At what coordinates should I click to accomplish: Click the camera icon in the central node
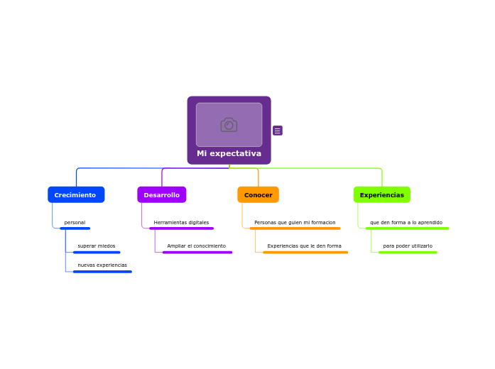pos(229,125)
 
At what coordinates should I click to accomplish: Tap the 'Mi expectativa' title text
pos(229,153)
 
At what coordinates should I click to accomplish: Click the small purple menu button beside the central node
pos(278,131)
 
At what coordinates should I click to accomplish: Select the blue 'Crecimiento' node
pos(76,194)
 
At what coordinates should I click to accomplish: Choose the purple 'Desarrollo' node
pos(162,194)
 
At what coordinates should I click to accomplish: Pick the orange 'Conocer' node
pos(259,194)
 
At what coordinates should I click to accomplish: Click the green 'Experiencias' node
pos(382,194)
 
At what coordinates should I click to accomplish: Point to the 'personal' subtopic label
pos(75,223)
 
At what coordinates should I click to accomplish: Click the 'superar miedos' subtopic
pos(97,246)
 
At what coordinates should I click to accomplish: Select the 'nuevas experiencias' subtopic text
pos(102,265)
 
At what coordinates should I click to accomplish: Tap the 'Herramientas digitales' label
pos(181,223)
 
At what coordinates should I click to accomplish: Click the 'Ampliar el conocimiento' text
pos(197,246)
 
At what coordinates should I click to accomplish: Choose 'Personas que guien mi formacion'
pos(295,223)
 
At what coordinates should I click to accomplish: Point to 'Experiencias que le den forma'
pos(305,246)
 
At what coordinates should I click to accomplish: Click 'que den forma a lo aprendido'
pos(406,223)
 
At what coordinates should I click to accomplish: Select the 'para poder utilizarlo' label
pos(408,246)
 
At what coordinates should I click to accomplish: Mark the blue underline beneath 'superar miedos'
pos(97,252)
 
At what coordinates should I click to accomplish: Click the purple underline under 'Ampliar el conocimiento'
pos(197,252)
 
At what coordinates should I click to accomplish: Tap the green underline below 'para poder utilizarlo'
pos(408,252)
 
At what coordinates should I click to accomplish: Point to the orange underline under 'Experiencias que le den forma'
pos(305,252)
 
